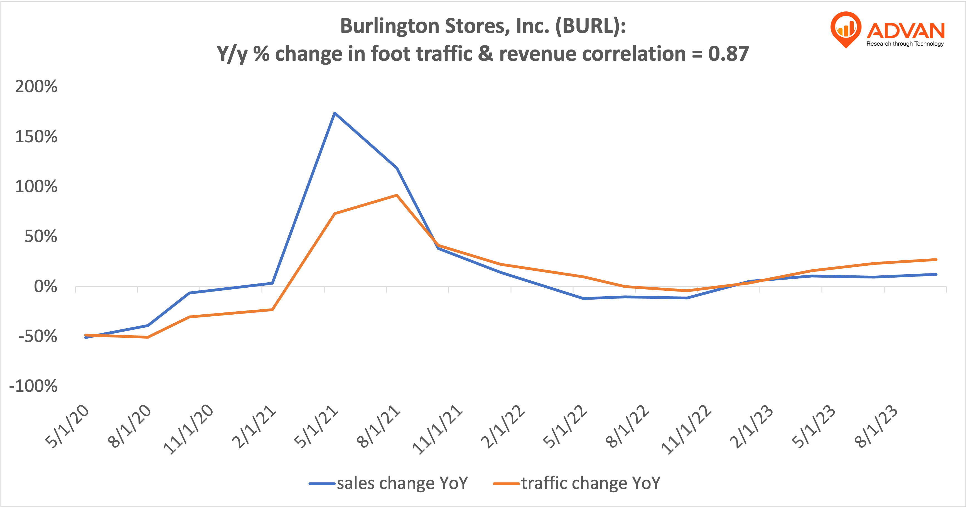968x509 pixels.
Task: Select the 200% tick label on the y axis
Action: point(36,87)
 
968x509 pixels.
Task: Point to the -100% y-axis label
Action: point(33,386)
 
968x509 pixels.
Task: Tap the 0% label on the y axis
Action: point(45,287)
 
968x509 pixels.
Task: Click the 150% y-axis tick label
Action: point(36,137)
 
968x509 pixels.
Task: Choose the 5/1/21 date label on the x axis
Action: point(316,427)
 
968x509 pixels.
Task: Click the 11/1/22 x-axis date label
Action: point(686,430)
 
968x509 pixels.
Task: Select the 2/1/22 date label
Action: point(503,427)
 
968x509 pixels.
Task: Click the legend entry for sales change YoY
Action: point(389,483)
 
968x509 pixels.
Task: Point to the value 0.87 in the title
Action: point(728,54)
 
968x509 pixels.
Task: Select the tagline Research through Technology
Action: point(905,44)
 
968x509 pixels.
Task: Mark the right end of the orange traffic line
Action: point(936,260)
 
